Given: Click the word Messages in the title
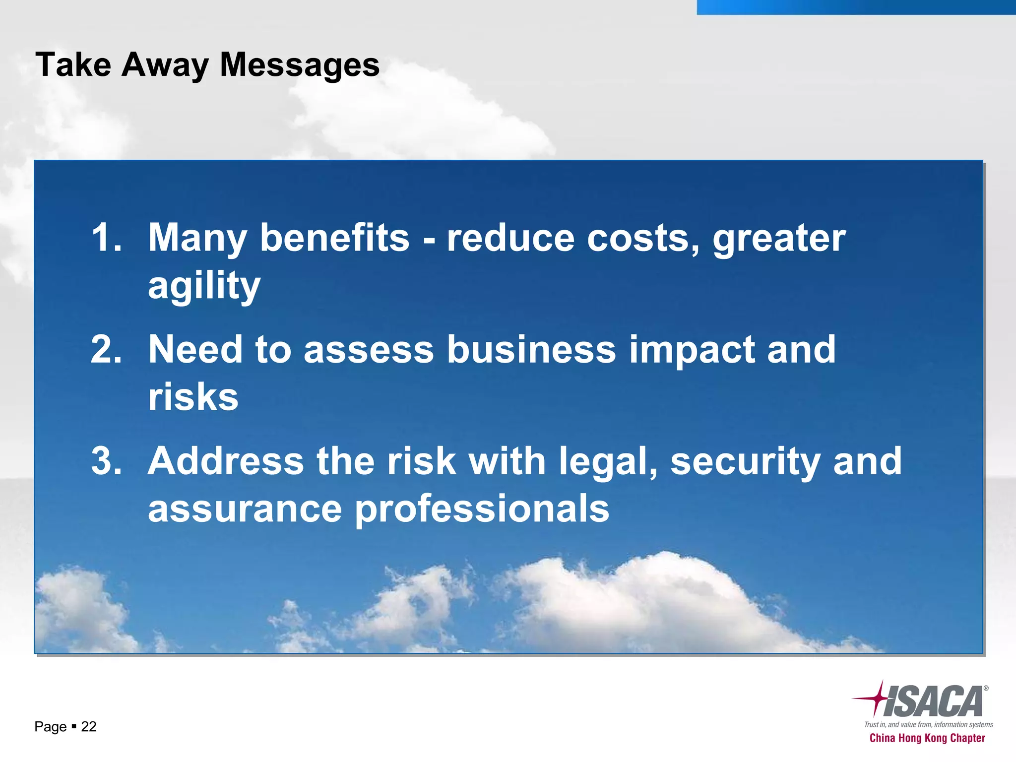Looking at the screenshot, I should pos(299,65).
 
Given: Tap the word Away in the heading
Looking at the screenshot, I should pos(165,65).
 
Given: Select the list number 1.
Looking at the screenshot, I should pos(106,238).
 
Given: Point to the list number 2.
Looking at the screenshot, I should pos(106,349).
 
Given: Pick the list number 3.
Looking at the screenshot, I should pos(106,461).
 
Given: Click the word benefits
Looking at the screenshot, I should pos(334,238).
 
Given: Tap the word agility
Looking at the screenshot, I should pos(204,286).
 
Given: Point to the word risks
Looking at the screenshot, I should pos(193,397).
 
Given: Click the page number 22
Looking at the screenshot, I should pos(88,727).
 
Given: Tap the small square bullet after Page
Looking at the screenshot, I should pos(73,726).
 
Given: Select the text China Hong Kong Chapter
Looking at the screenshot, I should pos(927,738).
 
